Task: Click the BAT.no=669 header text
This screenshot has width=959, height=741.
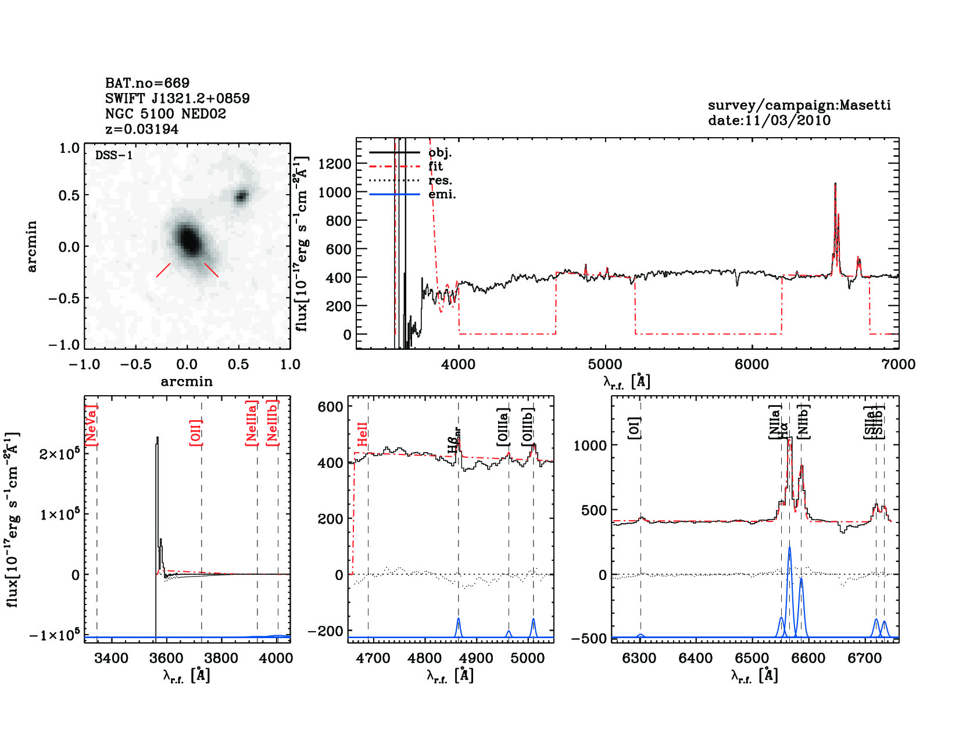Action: pos(147,83)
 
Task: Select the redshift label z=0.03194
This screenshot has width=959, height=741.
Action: pos(142,129)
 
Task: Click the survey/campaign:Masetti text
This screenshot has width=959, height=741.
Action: pos(799,105)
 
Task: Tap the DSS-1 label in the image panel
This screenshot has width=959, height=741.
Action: pos(114,155)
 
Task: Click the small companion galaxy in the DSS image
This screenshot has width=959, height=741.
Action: pos(241,196)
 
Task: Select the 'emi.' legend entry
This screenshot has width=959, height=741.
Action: pos(442,194)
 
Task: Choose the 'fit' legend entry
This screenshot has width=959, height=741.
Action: pos(435,166)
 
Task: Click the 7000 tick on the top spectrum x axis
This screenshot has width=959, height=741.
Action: pos(899,364)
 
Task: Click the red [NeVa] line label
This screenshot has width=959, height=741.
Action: pos(91,425)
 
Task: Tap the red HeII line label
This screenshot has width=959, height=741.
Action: pos(363,435)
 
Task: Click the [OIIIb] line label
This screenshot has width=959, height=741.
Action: pos(528,427)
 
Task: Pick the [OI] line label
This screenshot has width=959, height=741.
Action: pos(635,428)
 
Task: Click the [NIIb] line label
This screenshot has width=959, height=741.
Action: pos(804,421)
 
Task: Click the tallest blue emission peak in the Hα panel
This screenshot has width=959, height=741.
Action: pos(789,548)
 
